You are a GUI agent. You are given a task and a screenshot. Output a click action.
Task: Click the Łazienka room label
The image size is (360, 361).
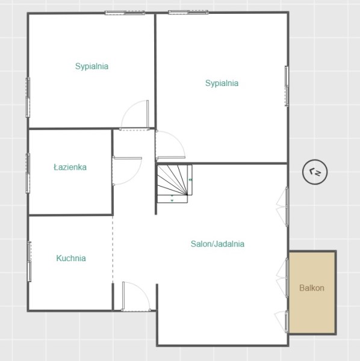point(70,167)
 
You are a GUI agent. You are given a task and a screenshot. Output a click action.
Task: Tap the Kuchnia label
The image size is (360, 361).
point(71,258)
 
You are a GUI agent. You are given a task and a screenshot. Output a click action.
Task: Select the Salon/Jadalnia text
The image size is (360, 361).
point(217,244)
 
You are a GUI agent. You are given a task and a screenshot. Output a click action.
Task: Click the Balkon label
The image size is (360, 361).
point(312,288)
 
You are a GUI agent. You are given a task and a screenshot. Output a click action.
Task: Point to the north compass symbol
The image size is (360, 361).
point(315,171)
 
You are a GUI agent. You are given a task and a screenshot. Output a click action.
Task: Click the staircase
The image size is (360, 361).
point(175,184)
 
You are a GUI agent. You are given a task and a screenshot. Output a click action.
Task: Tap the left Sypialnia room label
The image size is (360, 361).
point(92,66)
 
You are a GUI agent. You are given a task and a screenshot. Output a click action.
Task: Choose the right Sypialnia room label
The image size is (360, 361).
point(222,83)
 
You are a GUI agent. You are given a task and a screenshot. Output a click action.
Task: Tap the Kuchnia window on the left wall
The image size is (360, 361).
point(29,262)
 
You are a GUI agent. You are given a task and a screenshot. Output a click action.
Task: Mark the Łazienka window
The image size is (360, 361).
point(28,173)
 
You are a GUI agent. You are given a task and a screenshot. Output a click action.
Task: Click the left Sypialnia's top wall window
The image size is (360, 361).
point(125,13)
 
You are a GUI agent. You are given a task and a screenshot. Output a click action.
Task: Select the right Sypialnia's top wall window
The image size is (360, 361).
point(188,12)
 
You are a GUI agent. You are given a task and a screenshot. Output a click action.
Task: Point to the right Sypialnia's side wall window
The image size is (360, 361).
point(287,86)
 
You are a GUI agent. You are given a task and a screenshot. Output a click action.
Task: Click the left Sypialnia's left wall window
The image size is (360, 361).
point(28,97)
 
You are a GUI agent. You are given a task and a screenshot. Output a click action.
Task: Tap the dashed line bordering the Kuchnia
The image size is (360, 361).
point(113,250)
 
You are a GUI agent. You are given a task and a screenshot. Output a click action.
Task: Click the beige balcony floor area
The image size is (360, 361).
point(312,292)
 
